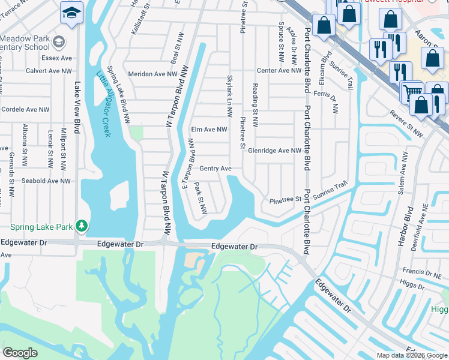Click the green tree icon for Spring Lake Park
(82, 226)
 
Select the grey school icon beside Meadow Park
(59, 41)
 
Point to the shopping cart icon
(412, 92)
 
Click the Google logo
(21, 353)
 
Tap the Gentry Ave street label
(215, 169)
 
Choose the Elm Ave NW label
(209, 129)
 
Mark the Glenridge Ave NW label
(274, 151)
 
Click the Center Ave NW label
(279, 70)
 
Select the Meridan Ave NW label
(153, 74)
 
